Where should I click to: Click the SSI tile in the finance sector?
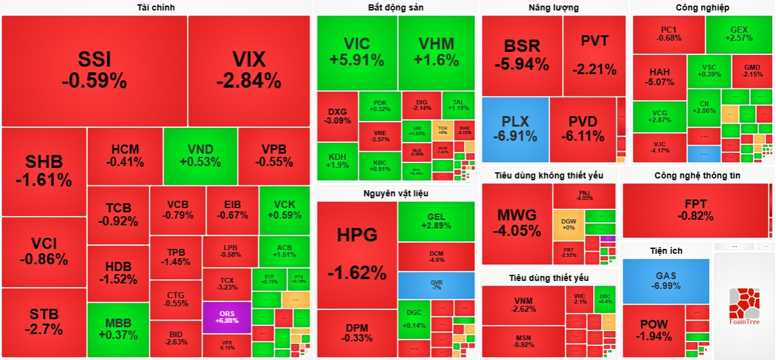coord(94,70)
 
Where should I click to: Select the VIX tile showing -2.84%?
coord(248,70)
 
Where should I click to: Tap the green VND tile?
coord(200,156)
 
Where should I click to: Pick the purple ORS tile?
coord(227,317)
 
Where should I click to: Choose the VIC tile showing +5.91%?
coord(356,52)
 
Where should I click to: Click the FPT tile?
coord(695,210)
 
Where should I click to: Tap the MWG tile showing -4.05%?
coord(516,223)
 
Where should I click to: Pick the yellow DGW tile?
coord(568,224)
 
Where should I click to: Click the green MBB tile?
coord(117,330)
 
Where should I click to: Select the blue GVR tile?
coord(436,285)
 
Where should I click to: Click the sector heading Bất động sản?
coord(395,7)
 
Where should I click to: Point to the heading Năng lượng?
coord(554,7)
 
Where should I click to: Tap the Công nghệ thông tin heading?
coord(697,175)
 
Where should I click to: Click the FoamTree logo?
coord(744,306)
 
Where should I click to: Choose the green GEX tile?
coord(738,33)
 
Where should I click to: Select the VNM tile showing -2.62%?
coord(523,304)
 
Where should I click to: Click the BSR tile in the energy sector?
coord(521,54)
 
